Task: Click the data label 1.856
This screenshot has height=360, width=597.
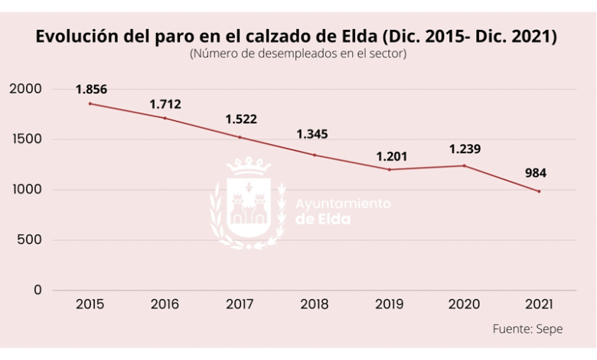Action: [91, 90]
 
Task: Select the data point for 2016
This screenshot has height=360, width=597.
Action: [165, 118]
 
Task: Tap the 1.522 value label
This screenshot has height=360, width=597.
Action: [240, 119]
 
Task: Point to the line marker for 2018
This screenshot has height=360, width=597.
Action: [315, 155]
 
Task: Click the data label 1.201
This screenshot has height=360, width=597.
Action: [391, 156]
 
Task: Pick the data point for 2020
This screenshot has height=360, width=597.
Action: [465, 165]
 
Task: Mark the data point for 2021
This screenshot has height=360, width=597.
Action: [540, 191]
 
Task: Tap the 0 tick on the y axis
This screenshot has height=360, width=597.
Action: [38, 290]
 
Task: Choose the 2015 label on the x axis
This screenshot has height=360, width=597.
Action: [90, 304]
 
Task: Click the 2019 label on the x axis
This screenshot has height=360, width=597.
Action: [390, 304]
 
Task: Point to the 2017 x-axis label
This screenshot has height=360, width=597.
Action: [240, 304]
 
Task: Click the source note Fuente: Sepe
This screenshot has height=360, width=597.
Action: [527, 329]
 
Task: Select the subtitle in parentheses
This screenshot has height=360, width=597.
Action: [297, 54]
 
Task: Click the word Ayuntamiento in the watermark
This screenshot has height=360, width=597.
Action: [343, 204]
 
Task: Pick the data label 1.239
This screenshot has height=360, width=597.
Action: [465, 149]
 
